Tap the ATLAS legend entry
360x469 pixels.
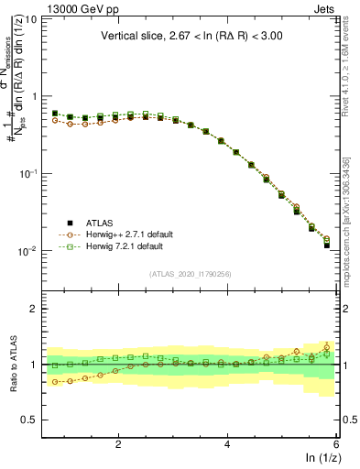102,223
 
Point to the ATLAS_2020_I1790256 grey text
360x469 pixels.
190,273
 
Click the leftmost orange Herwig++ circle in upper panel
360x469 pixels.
55,120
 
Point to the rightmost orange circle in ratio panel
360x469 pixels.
327,346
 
